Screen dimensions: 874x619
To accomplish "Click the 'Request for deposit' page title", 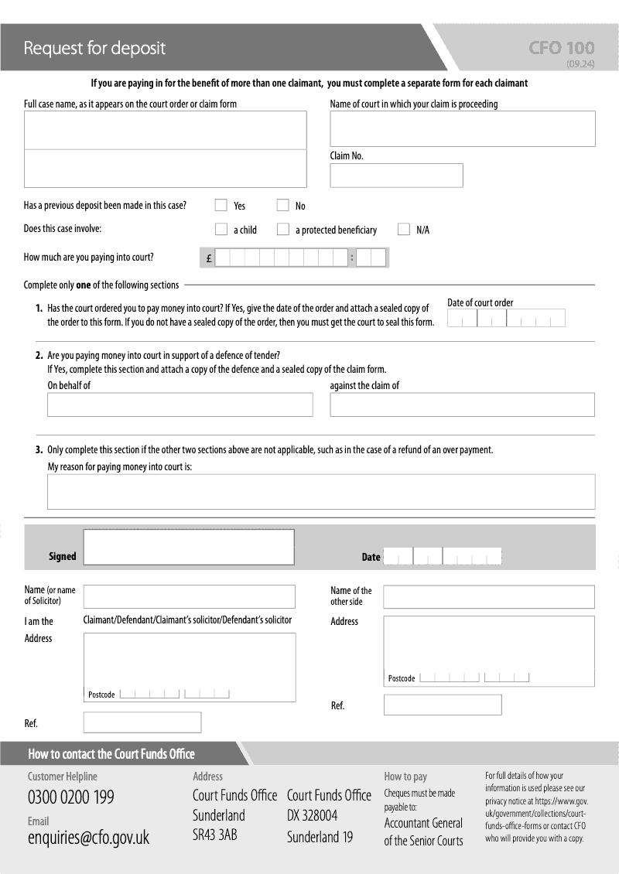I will (94, 48).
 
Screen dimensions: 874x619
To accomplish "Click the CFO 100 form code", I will (562, 48).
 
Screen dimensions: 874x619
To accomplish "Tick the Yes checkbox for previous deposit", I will (221, 205).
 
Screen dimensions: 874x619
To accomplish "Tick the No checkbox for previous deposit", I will (282, 205).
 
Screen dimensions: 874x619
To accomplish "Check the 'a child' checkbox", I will (221, 229).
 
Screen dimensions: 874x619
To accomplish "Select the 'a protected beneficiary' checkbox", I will (282, 229).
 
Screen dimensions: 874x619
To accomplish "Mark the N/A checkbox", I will (403, 229).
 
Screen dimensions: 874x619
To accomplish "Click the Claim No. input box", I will (396, 176).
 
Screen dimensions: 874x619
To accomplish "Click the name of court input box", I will (463, 128).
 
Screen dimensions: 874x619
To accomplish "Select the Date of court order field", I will (506, 319).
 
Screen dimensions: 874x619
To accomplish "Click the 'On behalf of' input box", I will (180, 405).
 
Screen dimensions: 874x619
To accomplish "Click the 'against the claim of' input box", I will (462, 405).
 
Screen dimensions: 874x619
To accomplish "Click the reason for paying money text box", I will (321, 491).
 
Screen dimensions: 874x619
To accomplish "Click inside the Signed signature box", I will (189, 547).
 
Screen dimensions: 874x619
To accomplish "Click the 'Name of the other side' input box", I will (489, 597).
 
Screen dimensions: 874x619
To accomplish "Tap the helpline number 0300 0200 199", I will (71, 797).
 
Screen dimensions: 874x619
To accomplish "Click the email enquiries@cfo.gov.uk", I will (88, 838).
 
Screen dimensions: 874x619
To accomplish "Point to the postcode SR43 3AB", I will (215, 835).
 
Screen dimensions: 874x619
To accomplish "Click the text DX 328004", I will (312, 816).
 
